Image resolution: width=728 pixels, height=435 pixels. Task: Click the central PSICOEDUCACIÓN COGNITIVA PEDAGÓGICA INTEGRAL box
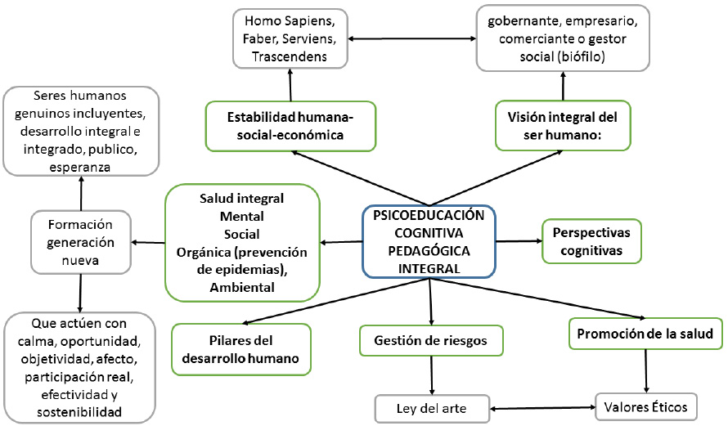point(429,241)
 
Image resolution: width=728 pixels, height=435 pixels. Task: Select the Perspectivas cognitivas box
point(591,241)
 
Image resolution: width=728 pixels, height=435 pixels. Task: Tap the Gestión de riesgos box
point(431,340)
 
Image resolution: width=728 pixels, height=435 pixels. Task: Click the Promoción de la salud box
point(645,334)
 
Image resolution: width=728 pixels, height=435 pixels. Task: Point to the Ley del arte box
point(432,407)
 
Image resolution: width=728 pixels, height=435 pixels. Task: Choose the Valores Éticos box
point(645,406)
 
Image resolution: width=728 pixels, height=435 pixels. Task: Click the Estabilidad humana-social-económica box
point(290,126)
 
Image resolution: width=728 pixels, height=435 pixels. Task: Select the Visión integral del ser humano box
point(563,126)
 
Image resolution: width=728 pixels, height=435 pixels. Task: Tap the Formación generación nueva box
point(81,241)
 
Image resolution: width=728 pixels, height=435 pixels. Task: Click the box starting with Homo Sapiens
point(290,37)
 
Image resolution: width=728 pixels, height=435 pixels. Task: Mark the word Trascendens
point(290,56)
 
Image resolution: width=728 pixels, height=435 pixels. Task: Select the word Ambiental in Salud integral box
point(241,287)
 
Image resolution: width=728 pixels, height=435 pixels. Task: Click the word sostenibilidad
point(80,412)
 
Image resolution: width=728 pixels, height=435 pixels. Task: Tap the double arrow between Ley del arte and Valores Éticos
point(541,406)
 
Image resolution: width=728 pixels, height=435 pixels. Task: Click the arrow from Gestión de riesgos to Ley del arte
point(431,377)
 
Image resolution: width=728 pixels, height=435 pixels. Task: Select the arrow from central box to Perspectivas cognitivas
point(518,241)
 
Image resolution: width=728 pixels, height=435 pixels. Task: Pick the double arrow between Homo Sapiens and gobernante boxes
point(413,37)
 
